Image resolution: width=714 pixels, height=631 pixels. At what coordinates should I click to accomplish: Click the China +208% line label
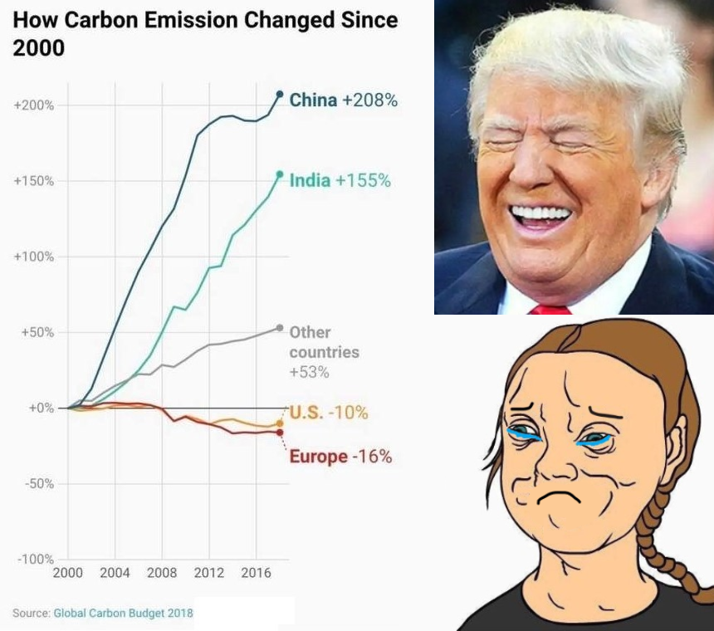click(x=343, y=100)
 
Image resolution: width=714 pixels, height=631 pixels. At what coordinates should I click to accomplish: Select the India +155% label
click(x=340, y=180)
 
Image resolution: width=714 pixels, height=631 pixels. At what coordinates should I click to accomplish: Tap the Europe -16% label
click(x=340, y=457)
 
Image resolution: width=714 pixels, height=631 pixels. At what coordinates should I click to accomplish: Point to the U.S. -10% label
click(x=328, y=413)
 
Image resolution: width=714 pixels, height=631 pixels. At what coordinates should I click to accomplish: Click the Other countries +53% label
click(x=324, y=352)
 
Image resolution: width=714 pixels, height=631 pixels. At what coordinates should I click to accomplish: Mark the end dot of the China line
click(x=280, y=94)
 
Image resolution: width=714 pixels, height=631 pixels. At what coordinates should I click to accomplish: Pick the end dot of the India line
click(x=280, y=174)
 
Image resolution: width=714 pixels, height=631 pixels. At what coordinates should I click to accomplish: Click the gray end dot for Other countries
click(x=280, y=328)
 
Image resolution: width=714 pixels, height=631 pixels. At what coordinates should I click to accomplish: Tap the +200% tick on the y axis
click(x=34, y=105)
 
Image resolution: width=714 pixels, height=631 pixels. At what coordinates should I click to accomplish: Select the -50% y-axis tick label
click(x=37, y=484)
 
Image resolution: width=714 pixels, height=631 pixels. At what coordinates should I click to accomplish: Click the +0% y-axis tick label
click(x=40, y=408)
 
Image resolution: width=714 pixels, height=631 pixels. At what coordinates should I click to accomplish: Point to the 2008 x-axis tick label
click(x=162, y=573)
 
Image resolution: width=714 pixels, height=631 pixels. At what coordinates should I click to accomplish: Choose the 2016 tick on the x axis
click(x=257, y=573)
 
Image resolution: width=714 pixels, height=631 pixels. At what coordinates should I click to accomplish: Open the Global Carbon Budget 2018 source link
click(x=123, y=613)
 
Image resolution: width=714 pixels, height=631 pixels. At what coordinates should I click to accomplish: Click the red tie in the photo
click(x=550, y=309)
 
